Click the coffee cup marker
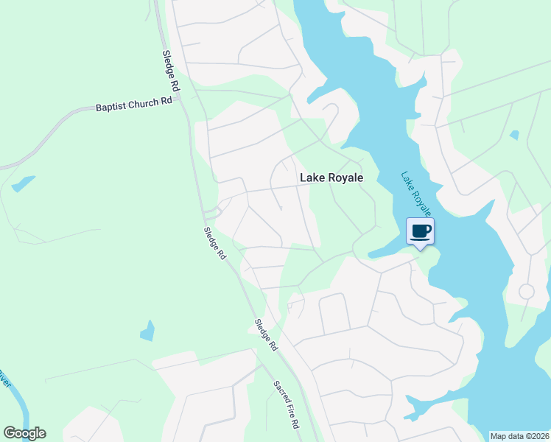420,232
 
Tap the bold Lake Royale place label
331,178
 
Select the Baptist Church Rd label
133,105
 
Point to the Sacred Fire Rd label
286,405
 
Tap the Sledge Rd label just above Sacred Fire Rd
265,334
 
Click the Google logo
24,433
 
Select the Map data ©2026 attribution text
520,436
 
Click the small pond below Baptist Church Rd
23,183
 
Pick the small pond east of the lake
513,135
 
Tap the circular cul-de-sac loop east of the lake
526,291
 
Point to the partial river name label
4,380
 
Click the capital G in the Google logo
10,432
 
